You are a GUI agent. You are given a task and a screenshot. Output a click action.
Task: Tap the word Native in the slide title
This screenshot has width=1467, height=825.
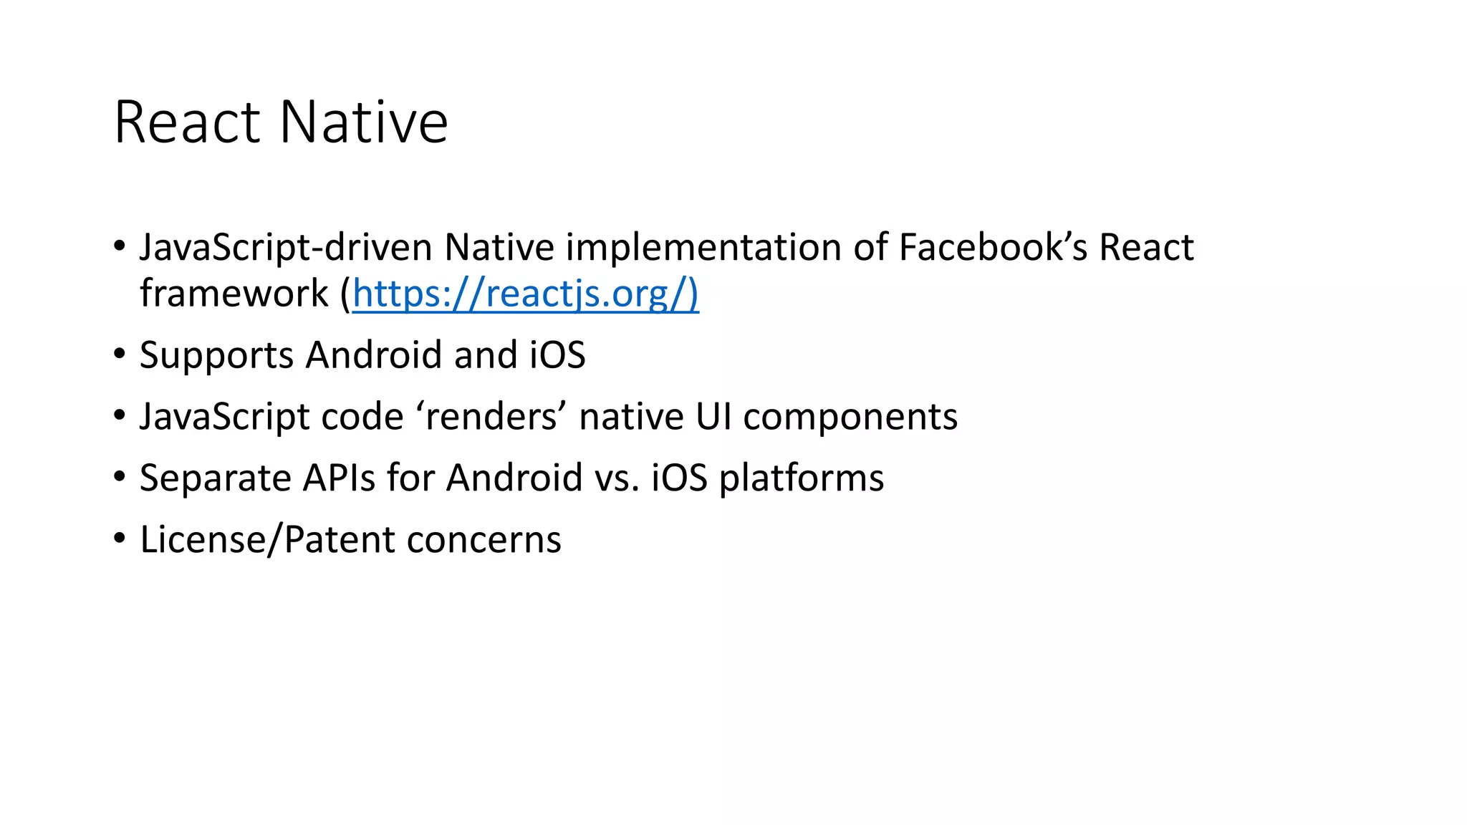pyautogui.click(x=363, y=122)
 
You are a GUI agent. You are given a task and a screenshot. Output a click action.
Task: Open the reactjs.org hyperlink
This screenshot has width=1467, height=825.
pyautogui.click(x=525, y=294)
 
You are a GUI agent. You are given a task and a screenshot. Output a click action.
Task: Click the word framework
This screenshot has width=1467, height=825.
pyautogui.click(x=234, y=294)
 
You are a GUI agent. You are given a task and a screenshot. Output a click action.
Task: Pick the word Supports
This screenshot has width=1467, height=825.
pyautogui.click(x=216, y=356)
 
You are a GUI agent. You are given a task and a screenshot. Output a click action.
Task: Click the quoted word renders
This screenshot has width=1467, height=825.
pyautogui.click(x=491, y=417)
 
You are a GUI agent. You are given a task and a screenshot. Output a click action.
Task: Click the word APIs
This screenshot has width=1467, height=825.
pyautogui.click(x=339, y=478)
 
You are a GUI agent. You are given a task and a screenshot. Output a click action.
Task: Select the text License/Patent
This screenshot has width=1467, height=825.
pyautogui.click(x=267, y=540)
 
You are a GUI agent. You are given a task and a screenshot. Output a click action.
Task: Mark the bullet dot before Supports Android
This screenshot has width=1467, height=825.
pyautogui.click(x=120, y=354)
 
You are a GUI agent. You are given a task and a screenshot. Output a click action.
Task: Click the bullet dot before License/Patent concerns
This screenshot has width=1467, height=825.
pyautogui.click(x=120, y=539)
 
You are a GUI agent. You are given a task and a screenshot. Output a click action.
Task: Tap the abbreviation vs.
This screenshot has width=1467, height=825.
pyautogui.click(x=617, y=478)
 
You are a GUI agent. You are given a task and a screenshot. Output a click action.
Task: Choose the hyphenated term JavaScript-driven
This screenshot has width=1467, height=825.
pyautogui.click(x=286, y=248)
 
